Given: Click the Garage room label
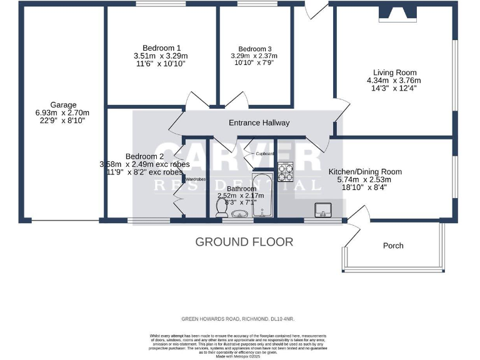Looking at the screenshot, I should pyautogui.click(x=64, y=105).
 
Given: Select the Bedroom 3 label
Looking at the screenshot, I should pyautogui.click(x=254, y=49).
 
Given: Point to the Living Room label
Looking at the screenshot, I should pyautogui.click(x=393, y=72).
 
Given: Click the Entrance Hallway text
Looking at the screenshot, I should pyautogui.click(x=259, y=123).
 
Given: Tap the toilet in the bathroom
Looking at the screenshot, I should pyautogui.click(x=221, y=214).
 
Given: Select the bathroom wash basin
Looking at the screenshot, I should pyautogui.click(x=239, y=214).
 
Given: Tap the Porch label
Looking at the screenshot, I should pyautogui.click(x=393, y=246).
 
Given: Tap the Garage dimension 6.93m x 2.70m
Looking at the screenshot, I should pyautogui.click(x=64, y=113).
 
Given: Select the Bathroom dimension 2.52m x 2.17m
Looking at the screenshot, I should pyautogui.click(x=241, y=196).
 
